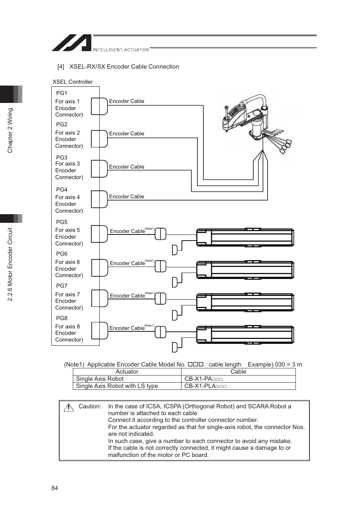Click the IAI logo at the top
pos(72,43)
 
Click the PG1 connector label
pos(62,93)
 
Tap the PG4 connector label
pos(62,190)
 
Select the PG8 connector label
pos(62,318)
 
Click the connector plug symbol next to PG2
pos(100,139)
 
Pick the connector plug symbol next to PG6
pos(100,268)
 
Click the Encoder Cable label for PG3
pos(126,167)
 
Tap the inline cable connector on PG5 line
pos(160,234)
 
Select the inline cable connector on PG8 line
pos(160,332)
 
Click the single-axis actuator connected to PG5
pos(245,238)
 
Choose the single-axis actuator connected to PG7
pos(245,302)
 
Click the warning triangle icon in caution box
pos(69,407)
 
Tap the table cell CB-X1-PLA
pos(205,386)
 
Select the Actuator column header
pos(127,372)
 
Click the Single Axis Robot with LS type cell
pos(117,386)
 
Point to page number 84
pos(55,488)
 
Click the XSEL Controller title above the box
pos(72,82)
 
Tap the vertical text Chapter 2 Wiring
pos(10,130)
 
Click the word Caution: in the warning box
pos(90,406)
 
